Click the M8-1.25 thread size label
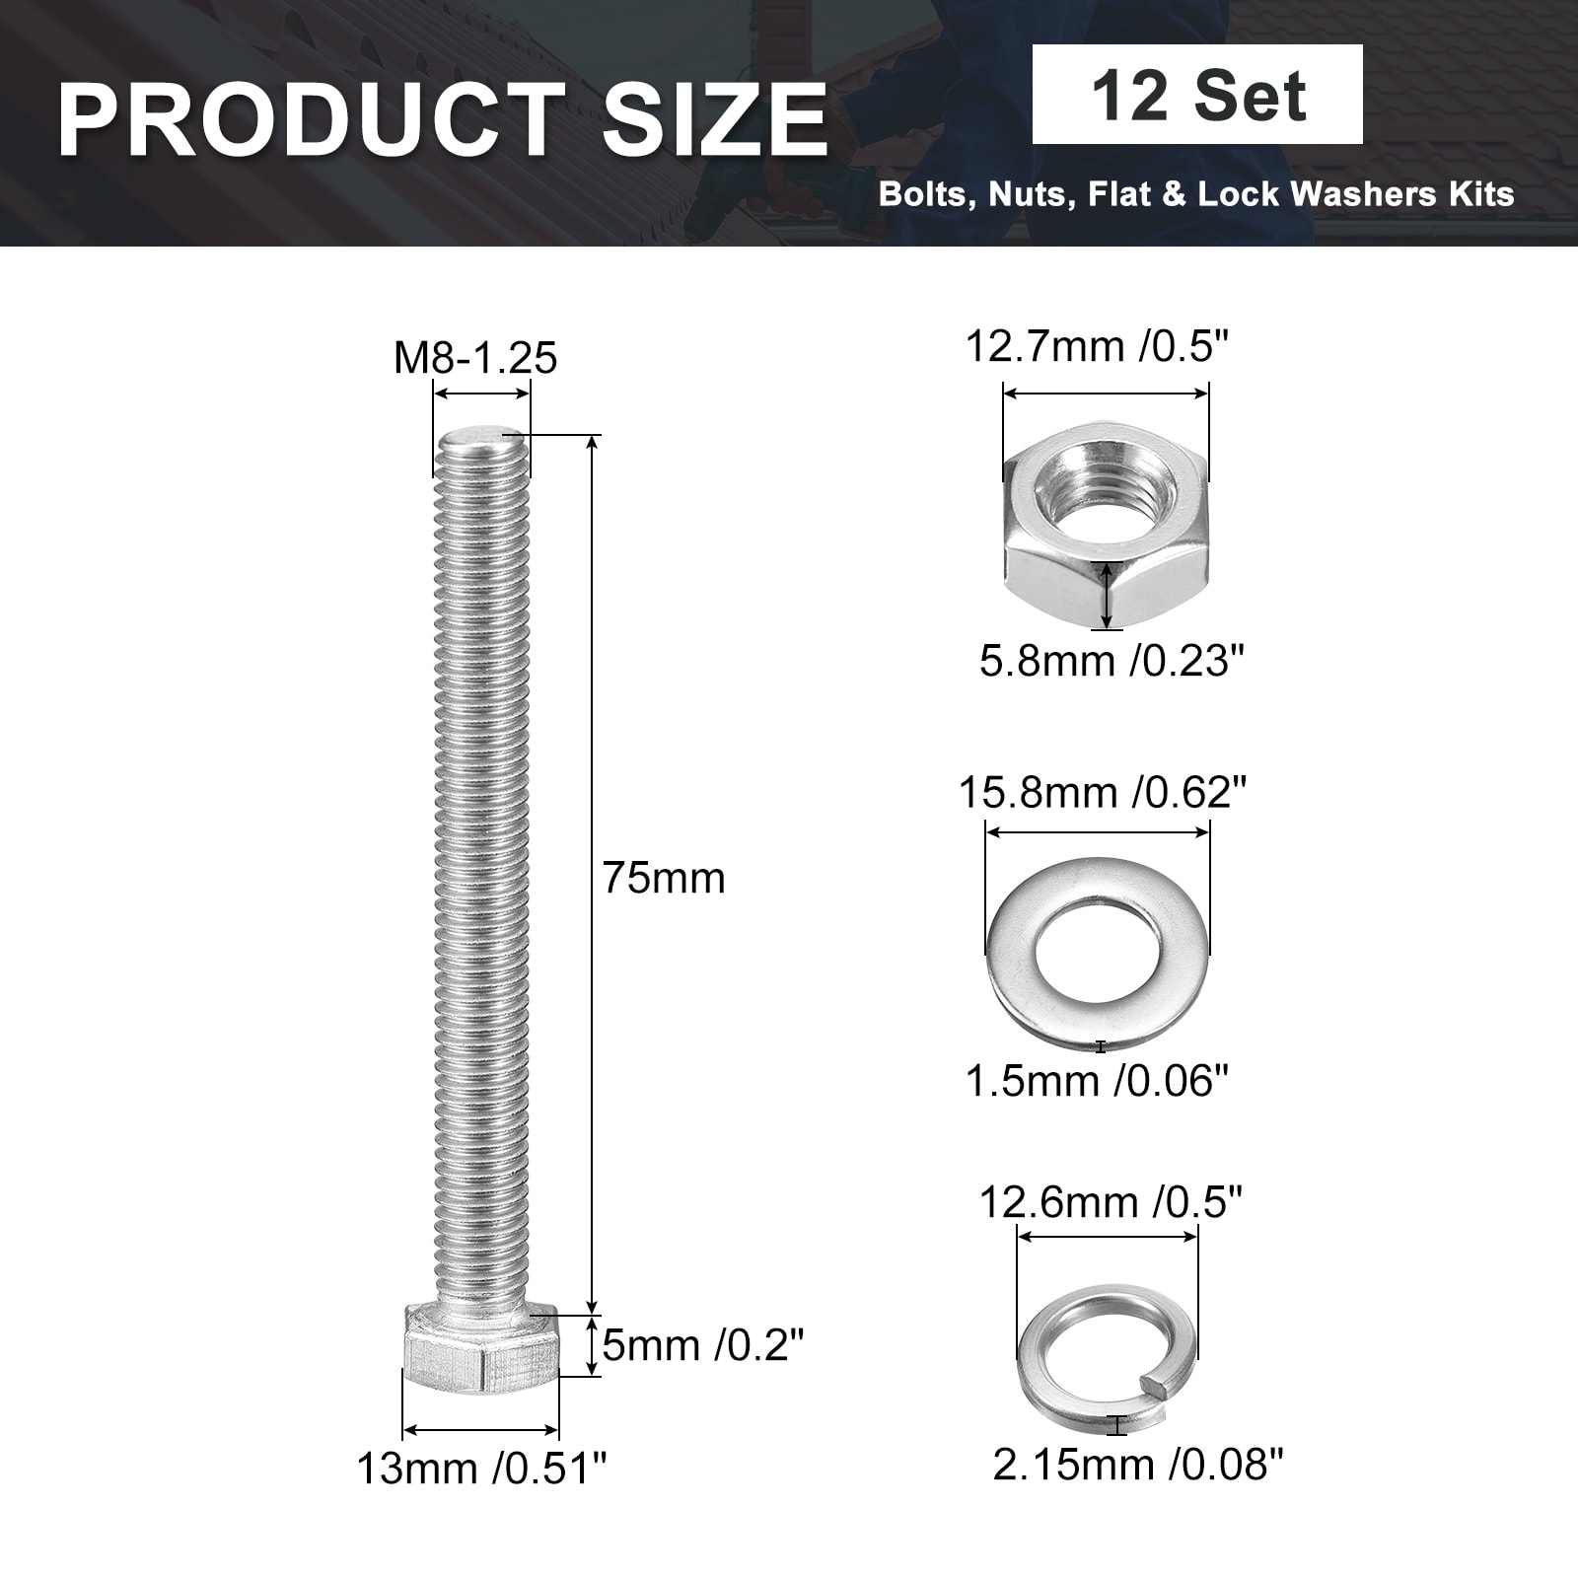tap(475, 358)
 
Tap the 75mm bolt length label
tap(664, 878)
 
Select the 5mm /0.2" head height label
tap(703, 1344)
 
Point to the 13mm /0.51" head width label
tap(481, 1470)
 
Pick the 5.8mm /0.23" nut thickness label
tap(1112, 660)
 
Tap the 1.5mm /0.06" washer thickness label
tap(1098, 1081)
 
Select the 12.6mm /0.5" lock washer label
tap(1111, 1202)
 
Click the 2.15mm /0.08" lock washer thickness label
tap(1138, 1465)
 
